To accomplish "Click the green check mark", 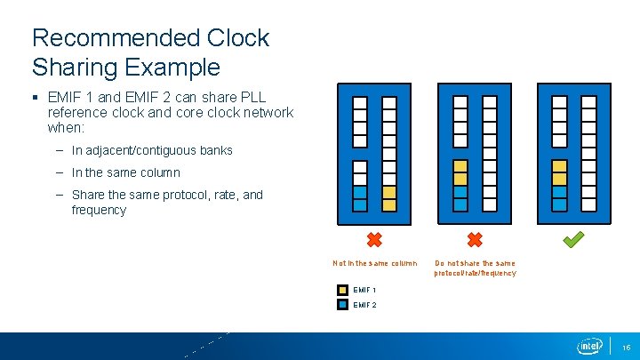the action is [574, 239].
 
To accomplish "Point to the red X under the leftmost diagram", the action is [374, 239].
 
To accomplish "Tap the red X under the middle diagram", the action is [475, 239].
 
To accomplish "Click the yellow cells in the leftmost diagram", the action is [389, 198].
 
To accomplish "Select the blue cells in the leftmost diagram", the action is [360, 198].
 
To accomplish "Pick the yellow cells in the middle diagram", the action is [460, 172].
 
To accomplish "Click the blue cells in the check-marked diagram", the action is [559, 198].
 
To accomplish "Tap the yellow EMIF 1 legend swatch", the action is [343, 290].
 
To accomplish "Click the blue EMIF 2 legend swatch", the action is [343, 304].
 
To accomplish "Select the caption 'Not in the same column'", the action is [374, 263].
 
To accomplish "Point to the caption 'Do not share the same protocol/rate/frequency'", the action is [475, 268].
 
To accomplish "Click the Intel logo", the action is [589, 346].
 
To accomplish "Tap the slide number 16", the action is [625, 347].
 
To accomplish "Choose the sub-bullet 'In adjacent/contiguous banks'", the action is [152, 150].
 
